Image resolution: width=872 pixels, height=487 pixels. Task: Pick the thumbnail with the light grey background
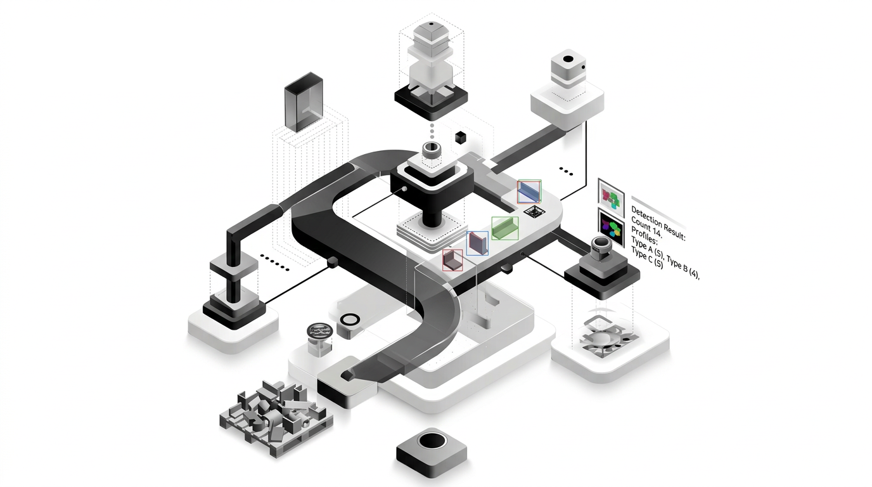[x=612, y=195]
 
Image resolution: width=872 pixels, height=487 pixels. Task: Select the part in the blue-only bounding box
[x=477, y=243]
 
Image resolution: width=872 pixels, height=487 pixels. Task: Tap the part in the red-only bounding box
[x=452, y=260]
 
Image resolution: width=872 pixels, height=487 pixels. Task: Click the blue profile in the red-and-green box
[x=529, y=192]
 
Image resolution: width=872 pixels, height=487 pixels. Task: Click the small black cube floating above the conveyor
[x=461, y=136]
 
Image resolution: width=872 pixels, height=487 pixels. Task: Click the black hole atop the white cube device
[x=568, y=61]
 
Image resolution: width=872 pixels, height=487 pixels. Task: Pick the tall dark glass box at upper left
[x=304, y=105]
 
